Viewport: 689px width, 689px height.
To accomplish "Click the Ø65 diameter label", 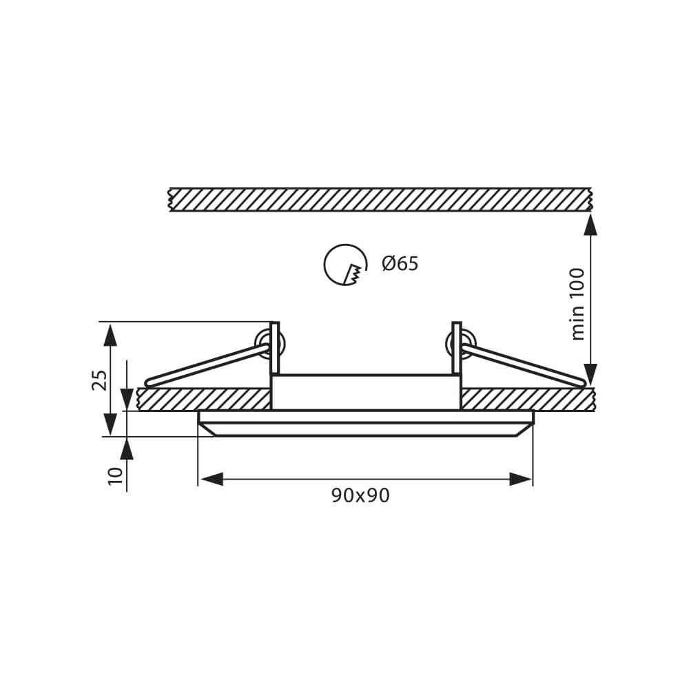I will point(400,264).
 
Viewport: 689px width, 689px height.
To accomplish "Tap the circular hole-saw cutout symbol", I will point(344,265).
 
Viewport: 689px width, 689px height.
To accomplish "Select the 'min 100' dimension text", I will point(578,303).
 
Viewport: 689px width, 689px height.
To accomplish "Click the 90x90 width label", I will point(360,495).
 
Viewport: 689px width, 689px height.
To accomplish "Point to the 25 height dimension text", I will point(100,380).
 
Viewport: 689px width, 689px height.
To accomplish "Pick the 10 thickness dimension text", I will point(115,475).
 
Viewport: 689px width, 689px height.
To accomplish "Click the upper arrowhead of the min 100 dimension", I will point(590,223).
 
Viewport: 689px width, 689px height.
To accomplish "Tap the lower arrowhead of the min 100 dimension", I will point(590,376).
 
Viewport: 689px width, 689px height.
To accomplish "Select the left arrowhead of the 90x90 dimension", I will point(211,479).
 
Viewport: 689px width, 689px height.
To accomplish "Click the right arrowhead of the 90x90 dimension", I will point(521,479).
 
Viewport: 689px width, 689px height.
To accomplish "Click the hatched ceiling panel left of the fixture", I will point(203,400).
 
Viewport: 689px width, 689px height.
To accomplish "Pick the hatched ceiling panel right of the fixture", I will point(527,400).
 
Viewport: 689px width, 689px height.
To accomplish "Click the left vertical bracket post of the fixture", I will point(274,348).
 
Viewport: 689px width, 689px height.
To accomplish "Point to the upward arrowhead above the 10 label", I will point(127,449).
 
